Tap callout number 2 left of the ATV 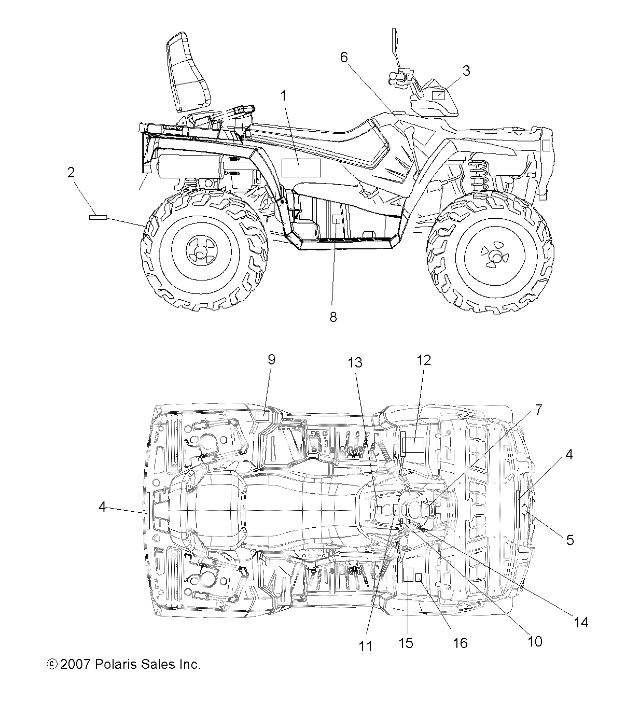click(x=71, y=173)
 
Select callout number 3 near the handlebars click(x=466, y=71)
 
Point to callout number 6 click(x=344, y=58)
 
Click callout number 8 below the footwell click(x=333, y=316)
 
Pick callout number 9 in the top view click(x=271, y=360)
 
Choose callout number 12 click(x=424, y=360)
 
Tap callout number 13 click(x=355, y=362)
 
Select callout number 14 click(x=581, y=622)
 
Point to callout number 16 click(x=460, y=643)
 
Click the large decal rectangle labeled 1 click(x=301, y=168)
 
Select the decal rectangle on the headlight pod click(x=438, y=95)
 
